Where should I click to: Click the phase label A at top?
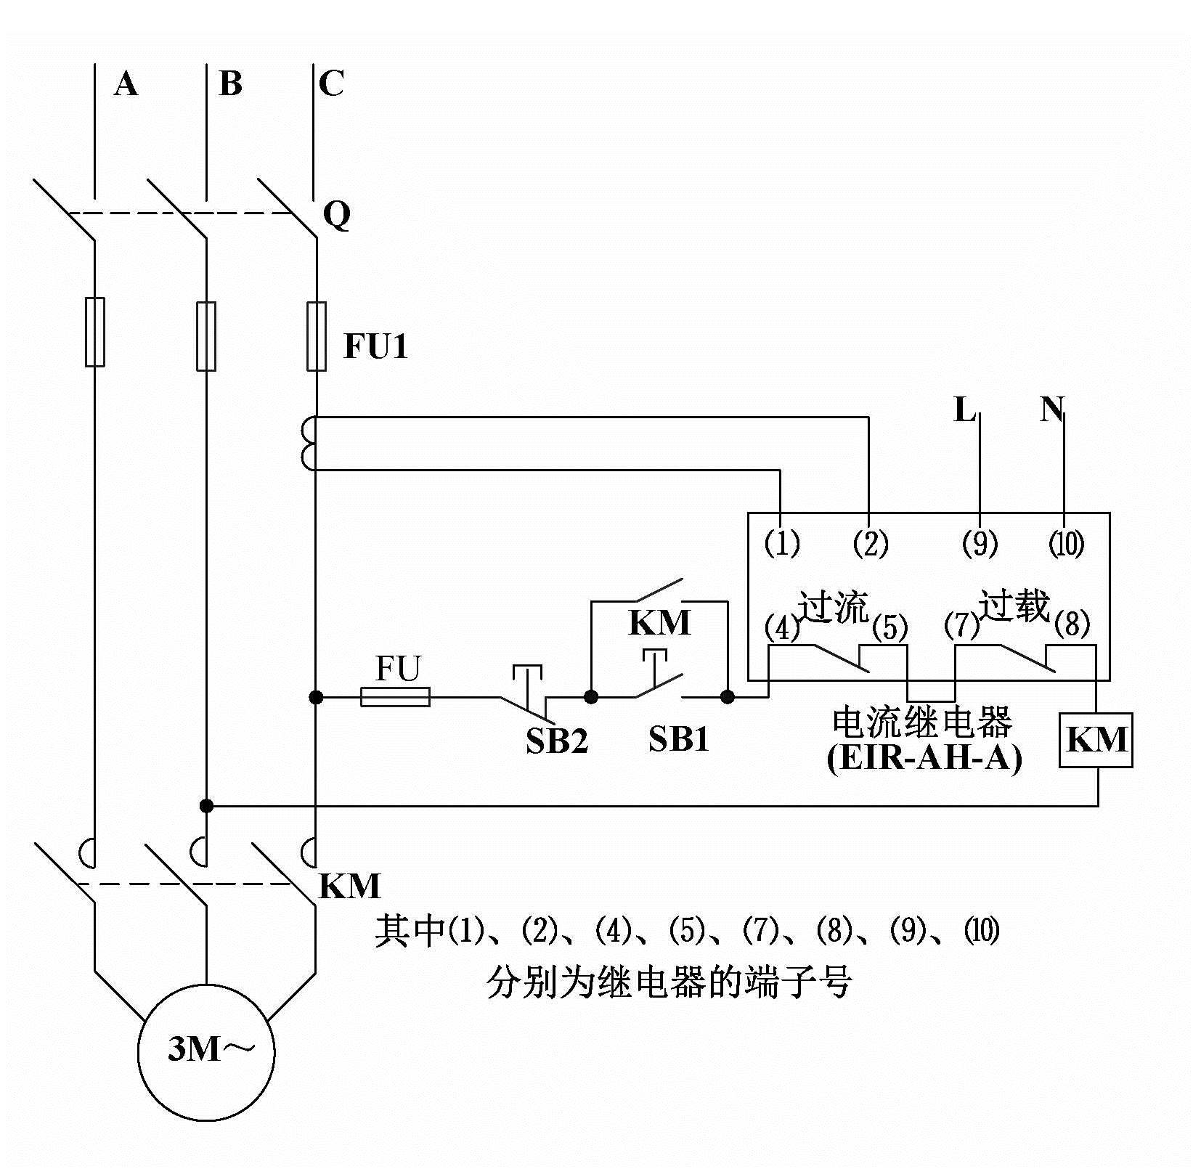(126, 85)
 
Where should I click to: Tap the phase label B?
(230, 84)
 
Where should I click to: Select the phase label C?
(330, 84)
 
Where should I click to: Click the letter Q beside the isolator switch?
(336, 215)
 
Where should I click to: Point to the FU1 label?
(375, 346)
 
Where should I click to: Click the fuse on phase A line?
(95, 332)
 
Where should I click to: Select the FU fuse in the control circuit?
(395, 697)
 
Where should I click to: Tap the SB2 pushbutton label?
(556, 741)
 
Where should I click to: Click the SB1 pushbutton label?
(678, 739)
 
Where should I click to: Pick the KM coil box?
(1096, 740)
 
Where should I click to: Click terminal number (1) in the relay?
(782, 543)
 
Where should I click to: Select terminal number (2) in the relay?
(870, 543)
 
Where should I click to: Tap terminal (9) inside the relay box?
(980, 543)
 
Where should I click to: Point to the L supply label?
(964, 411)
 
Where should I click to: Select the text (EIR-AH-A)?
(924, 758)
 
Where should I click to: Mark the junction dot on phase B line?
(207, 805)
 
